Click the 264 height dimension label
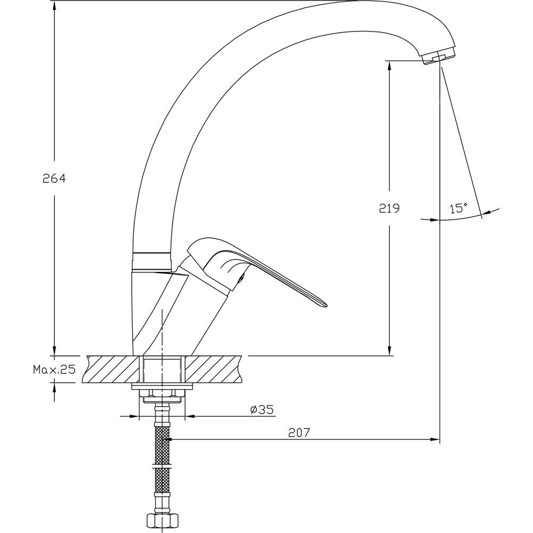coord(54,178)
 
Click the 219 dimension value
coord(389,208)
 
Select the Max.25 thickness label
coord(54,369)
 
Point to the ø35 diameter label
coord(262,409)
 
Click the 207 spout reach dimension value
coord(299,433)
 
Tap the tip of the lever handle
coord(327,304)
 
